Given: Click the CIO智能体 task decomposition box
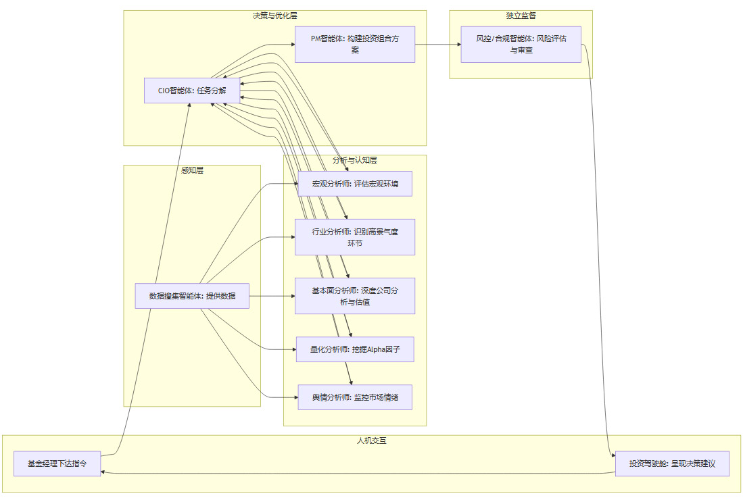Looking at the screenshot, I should (192, 91).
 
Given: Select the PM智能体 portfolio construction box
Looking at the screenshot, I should (354, 45).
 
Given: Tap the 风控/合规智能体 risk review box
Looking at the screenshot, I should (521, 45).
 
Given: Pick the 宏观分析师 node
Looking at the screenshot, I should (355, 184).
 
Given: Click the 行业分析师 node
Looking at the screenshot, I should (355, 237).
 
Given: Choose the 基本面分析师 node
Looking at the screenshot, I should (355, 296).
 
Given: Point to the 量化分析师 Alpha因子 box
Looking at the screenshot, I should (355, 349).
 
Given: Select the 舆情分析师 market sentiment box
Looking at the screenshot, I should (355, 397).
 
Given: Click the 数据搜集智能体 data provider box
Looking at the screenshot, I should (192, 296).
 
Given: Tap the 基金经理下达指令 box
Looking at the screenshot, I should (57, 464).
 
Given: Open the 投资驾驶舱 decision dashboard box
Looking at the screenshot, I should (672, 464).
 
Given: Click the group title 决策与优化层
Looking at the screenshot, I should (274, 15).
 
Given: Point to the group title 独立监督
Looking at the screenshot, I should (521, 15).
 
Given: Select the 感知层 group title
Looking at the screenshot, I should (192, 170).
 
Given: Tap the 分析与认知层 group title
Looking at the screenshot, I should (354, 160).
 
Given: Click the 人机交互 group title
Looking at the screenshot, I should (371, 441).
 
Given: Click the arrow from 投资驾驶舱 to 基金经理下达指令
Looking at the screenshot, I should (358, 474).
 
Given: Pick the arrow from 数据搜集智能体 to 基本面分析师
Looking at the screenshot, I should (270, 296).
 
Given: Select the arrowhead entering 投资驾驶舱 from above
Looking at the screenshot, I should (613, 456).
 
